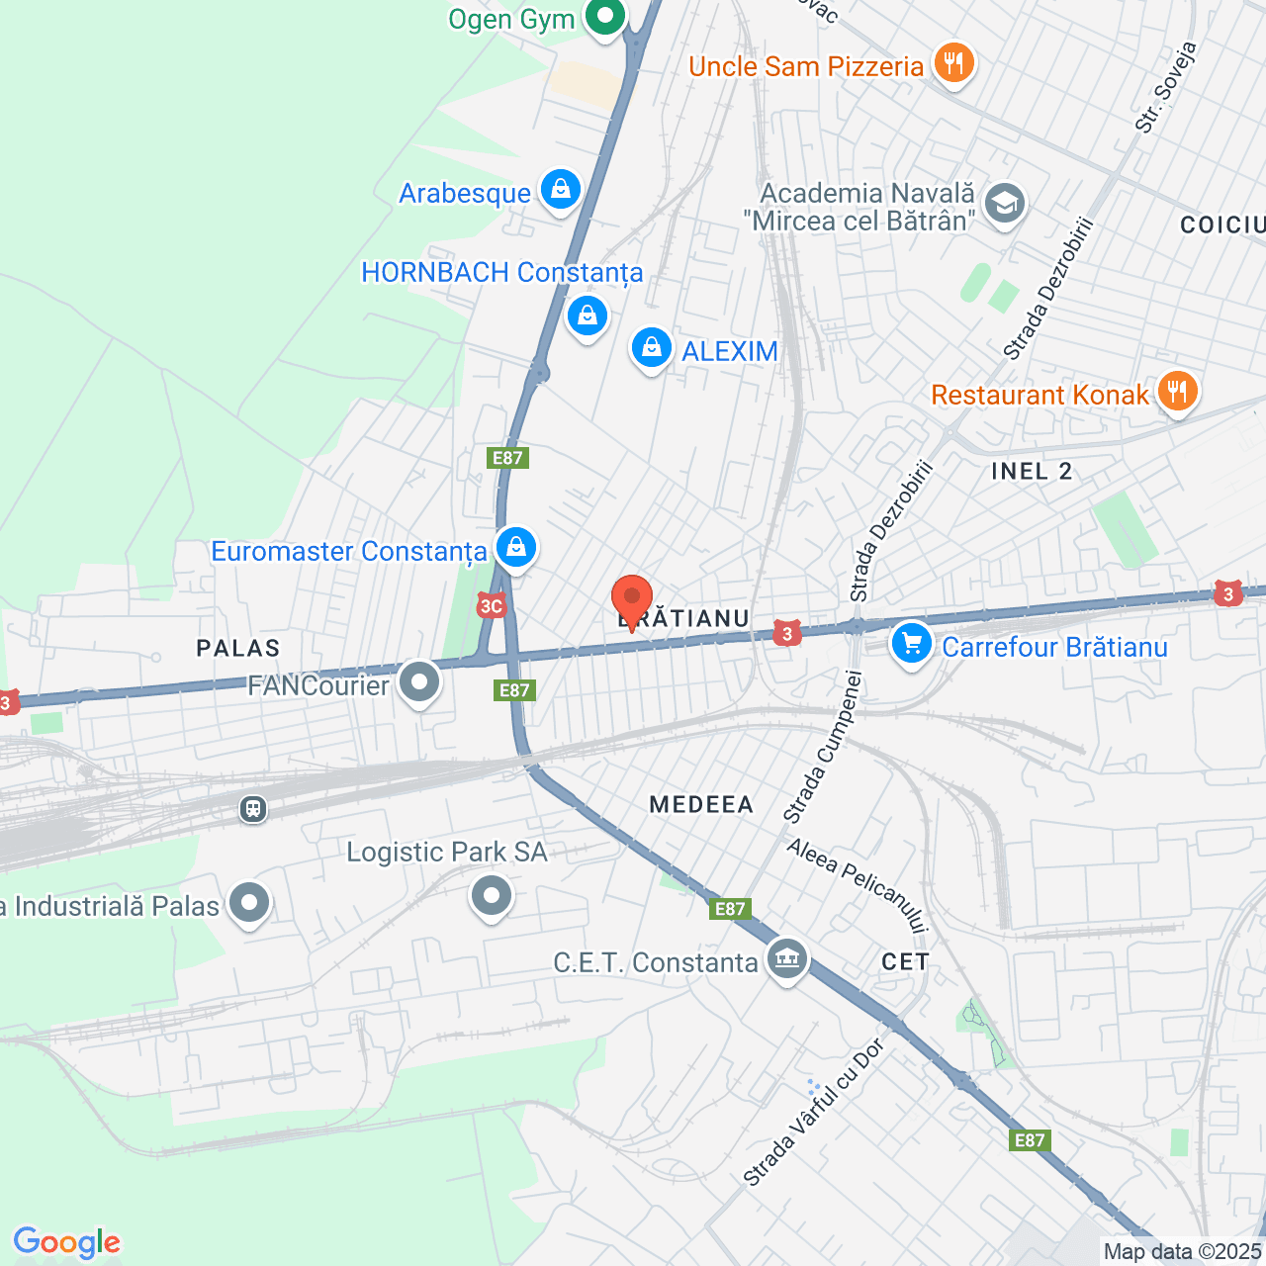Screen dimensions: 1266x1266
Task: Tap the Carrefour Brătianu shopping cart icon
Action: point(911,644)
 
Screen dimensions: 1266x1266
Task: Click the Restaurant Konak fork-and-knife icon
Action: point(1176,392)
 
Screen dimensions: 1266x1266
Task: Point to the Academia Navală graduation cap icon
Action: point(1005,204)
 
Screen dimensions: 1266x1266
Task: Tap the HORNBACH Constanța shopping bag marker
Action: point(588,316)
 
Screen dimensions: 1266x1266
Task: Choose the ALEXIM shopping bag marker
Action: point(652,348)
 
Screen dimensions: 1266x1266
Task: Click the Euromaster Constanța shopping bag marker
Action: point(515,547)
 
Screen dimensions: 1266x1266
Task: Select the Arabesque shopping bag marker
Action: point(561,189)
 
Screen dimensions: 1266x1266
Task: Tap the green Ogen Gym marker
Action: point(604,17)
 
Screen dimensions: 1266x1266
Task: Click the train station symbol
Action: point(253,809)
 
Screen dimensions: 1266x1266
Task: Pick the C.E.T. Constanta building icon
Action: point(787,959)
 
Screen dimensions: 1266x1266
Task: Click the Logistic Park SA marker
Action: point(492,896)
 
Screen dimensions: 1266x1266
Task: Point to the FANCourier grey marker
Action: point(420,682)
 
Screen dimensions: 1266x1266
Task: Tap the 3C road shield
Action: point(491,606)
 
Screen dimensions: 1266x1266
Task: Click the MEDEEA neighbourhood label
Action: point(701,804)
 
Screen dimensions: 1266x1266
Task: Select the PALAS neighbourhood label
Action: point(238,648)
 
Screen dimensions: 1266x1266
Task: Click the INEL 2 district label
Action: point(1032,471)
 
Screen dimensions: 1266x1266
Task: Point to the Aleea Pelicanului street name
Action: point(858,885)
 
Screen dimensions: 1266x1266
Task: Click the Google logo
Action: point(66,1242)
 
